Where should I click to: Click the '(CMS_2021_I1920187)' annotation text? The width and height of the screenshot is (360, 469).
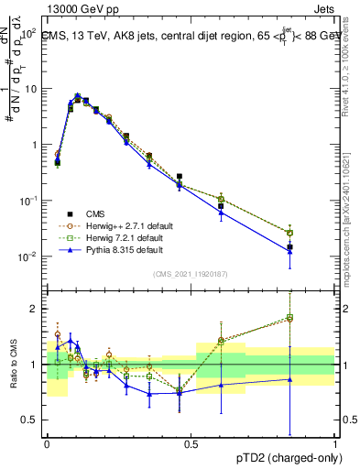pyautogui.click(x=191, y=273)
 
